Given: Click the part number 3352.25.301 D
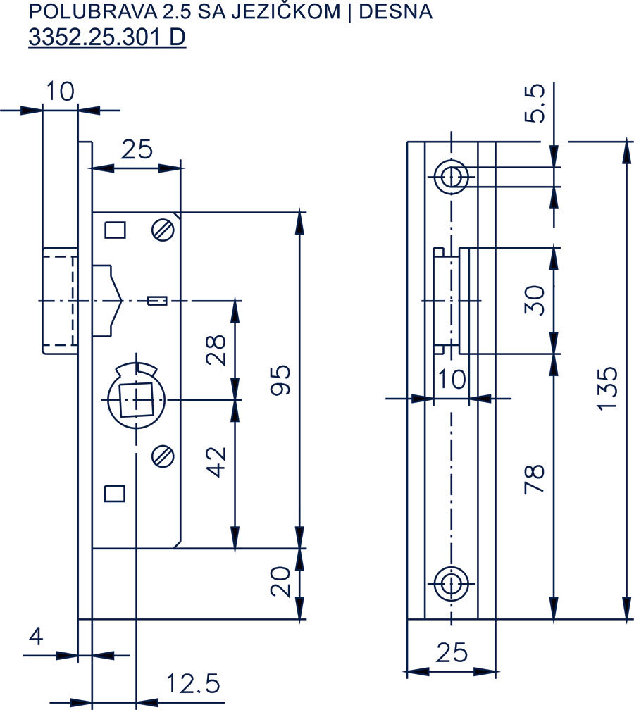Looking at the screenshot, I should tap(107, 37).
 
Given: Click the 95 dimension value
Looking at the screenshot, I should tap(280, 380).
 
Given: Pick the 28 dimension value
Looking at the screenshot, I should tap(217, 350).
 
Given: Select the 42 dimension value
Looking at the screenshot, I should tap(217, 461).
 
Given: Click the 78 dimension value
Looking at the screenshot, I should tap(535, 478).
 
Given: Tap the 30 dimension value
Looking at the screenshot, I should tap(535, 300).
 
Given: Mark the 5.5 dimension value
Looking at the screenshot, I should tap(535, 104).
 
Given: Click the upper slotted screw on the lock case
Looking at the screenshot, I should tap(162, 230).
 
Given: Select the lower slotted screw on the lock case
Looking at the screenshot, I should tap(163, 456).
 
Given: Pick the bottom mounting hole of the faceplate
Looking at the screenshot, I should tap(451, 583).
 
